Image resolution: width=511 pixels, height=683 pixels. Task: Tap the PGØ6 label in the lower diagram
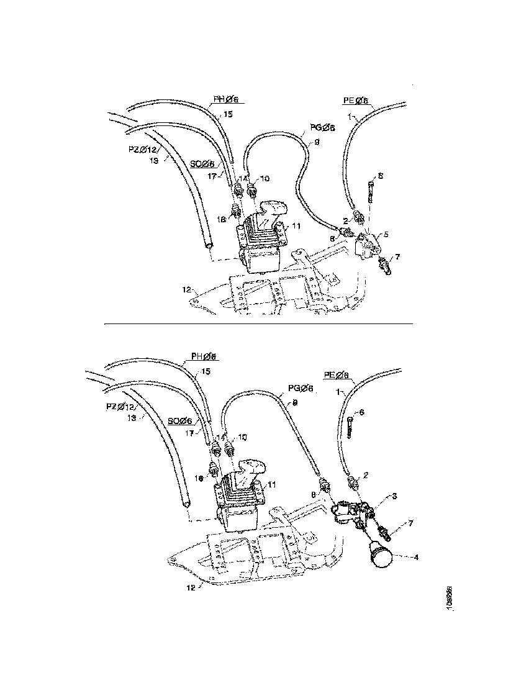[301, 388]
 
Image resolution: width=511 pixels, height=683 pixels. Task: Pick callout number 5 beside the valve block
[386, 235]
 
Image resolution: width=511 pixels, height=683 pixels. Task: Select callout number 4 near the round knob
[416, 557]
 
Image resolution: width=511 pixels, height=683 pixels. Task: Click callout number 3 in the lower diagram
[394, 497]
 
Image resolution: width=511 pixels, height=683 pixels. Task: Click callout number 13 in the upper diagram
[155, 160]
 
